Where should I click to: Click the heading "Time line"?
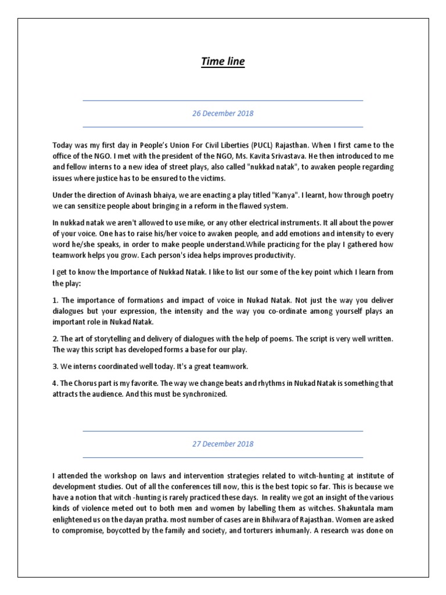[x=223, y=61]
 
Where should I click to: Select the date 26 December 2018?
[x=223, y=113]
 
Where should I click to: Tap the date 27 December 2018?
[x=223, y=444]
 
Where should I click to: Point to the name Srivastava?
[x=325, y=156]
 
